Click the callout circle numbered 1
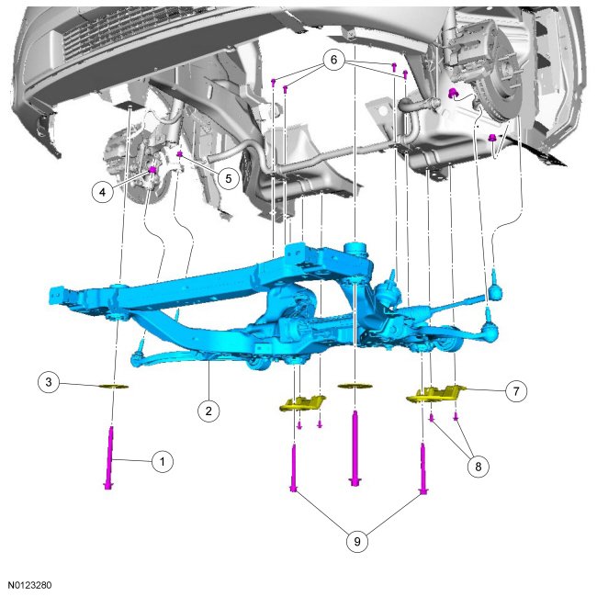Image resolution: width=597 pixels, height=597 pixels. click(x=163, y=461)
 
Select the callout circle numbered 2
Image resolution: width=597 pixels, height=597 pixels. click(x=208, y=411)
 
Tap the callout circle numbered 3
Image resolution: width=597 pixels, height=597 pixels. click(x=49, y=381)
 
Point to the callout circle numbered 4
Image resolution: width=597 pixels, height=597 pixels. click(x=103, y=192)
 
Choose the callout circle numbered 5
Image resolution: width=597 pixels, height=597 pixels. click(x=229, y=178)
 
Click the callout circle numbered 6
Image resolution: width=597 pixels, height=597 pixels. click(x=333, y=60)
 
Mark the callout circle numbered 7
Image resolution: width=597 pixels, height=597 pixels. click(x=516, y=391)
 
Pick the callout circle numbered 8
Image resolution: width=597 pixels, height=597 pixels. click(x=479, y=467)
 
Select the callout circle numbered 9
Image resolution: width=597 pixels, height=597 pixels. click(x=357, y=541)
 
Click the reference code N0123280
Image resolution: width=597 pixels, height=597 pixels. click(x=29, y=585)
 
